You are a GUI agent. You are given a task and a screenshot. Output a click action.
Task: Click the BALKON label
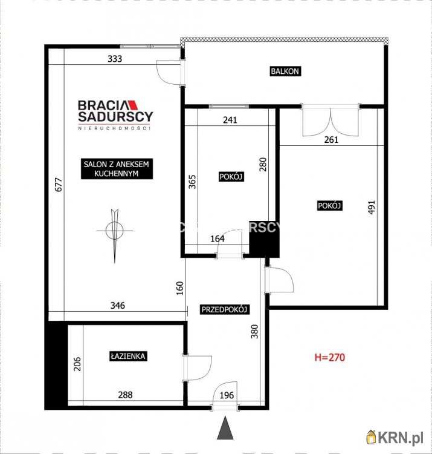click(x=285, y=71)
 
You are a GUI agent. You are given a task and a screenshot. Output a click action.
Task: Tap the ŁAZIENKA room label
click(x=128, y=357)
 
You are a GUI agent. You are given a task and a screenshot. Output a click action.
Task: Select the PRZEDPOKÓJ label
click(x=225, y=309)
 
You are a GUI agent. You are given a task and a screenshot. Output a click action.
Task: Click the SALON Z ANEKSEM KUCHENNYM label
click(x=117, y=168)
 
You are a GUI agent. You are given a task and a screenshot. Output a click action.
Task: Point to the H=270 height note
click(x=329, y=357)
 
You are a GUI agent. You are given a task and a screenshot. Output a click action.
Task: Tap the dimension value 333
click(x=115, y=59)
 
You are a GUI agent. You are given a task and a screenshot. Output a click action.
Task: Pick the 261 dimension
click(x=331, y=139)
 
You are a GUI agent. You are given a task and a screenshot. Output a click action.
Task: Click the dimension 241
click(x=230, y=120)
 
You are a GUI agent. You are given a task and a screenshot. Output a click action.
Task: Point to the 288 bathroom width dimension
click(x=125, y=395)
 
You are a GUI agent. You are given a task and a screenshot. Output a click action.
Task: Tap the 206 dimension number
click(x=77, y=363)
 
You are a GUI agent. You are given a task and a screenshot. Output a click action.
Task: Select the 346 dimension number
click(x=117, y=306)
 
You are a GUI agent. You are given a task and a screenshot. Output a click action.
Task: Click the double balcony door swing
click(x=331, y=121)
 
